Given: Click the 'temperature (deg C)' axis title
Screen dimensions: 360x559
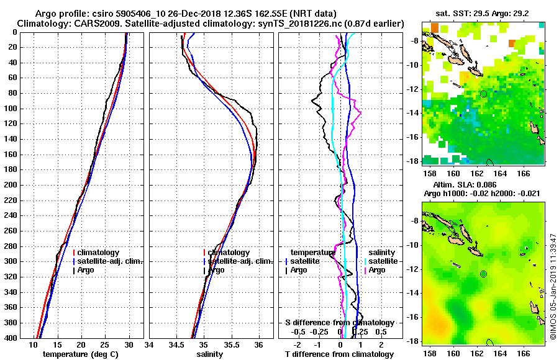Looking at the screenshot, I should click(81, 354).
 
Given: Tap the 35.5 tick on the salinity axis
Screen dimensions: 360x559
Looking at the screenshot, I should click(231, 344).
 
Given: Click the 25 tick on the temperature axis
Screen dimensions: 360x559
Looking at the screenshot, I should click(104, 344).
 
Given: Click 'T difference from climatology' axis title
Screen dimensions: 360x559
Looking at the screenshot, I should click(339, 354).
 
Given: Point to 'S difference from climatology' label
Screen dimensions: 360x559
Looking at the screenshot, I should click(339, 323).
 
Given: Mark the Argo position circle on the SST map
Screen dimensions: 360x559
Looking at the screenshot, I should click(483, 94).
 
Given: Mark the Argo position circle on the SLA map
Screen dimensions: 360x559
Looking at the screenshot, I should click(483, 274).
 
